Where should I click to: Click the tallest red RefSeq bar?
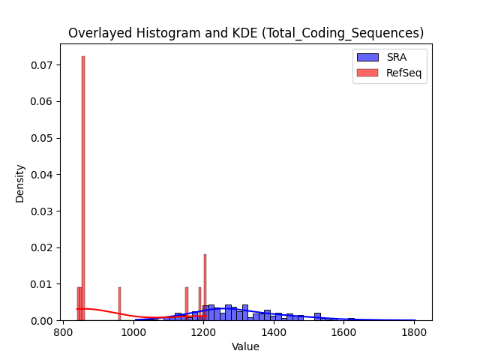pyautogui.click(x=83, y=188)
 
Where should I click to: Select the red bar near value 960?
pyautogui.click(x=119, y=304)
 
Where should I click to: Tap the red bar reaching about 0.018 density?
pyautogui.click(x=205, y=287)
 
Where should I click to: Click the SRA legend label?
pyautogui.click(x=397, y=57)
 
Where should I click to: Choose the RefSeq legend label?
pyautogui.click(x=403, y=73)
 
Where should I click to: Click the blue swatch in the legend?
pyautogui.click(x=367, y=57)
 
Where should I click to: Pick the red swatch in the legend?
pyautogui.click(x=367, y=73)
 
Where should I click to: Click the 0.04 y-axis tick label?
pyautogui.click(x=42, y=175)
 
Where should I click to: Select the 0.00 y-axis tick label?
pyautogui.click(x=42, y=321)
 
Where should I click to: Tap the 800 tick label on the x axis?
pyautogui.click(x=63, y=332)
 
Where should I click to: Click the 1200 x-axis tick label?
pyautogui.click(x=204, y=332)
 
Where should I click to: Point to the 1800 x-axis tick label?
pyautogui.click(x=414, y=332)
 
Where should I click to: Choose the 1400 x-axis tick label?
pyautogui.click(x=274, y=332)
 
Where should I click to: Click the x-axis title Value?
pyautogui.click(x=245, y=346)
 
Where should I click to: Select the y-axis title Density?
pyautogui.click(x=19, y=184)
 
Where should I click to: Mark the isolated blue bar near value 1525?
pyautogui.click(x=317, y=316)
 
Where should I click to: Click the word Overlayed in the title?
pyautogui.click(x=100, y=33)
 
